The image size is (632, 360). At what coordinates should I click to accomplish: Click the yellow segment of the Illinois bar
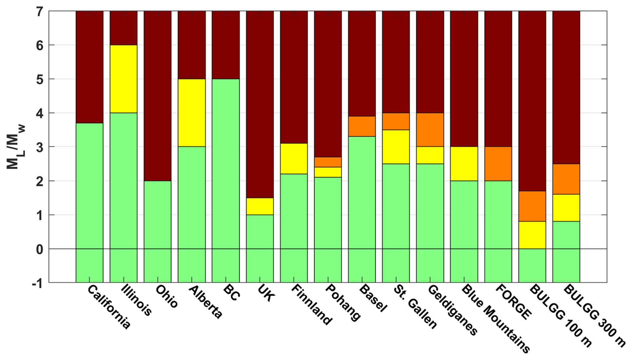pyautogui.click(x=124, y=79)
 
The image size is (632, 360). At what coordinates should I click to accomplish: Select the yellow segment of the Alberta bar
pyautogui.click(x=191, y=113)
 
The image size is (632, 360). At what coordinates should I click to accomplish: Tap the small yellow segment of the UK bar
pyautogui.click(x=260, y=206)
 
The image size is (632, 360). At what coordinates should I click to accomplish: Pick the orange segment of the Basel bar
pyautogui.click(x=362, y=126)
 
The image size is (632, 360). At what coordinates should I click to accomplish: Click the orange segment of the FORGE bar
pyautogui.click(x=498, y=164)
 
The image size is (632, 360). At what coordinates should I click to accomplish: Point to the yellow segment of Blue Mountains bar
pyautogui.click(x=464, y=164)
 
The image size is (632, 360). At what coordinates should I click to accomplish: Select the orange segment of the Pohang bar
pyautogui.click(x=328, y=162)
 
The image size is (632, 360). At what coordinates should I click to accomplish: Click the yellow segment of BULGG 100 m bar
pyautogui.click(x=532, y=235)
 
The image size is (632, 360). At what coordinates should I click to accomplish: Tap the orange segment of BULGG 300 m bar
pyautogui.click(x=566, y=179)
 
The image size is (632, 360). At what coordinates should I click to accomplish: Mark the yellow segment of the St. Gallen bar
pyautogui.click(x=396, y=147)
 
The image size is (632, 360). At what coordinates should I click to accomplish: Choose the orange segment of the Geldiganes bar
pyautogui.click(x=430, y=130)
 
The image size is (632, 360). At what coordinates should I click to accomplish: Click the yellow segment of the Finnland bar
pyautogui.click(x=294, y=159)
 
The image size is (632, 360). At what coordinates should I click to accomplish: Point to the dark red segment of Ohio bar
pyautogui.click(x=157, y=96)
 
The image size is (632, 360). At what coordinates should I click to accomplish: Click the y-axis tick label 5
pyautogui.click(x=40, y=79)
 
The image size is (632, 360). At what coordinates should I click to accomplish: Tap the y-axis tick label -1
pyautogui.click(x=37, y=284)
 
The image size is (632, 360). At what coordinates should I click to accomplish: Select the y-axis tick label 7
pyautogui.click(x=40, y=12)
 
